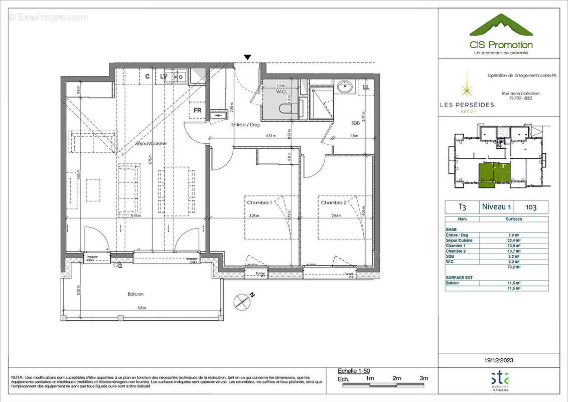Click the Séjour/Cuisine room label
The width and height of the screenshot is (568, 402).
pos(151,143)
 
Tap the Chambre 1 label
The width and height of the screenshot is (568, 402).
pos(259,203)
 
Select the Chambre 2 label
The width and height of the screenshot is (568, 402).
pos(334,203)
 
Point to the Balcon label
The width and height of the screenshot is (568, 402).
pos(135,294)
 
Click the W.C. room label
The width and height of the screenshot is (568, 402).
pos(280,91)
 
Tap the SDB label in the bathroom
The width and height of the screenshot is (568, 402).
pos(356,123)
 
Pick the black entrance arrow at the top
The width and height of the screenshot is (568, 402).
pos(247,58)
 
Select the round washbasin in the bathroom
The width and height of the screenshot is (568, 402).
pos(346,87)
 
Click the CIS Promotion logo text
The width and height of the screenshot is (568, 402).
pos(501,45)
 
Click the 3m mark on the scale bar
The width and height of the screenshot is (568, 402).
pos(423,378)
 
